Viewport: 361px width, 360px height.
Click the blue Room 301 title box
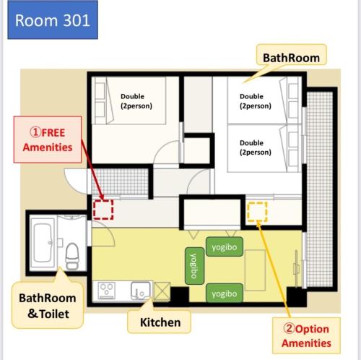coord(53,20)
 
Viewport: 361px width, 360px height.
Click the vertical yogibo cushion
coord(194,266)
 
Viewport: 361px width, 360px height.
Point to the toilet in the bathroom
coord(72,255)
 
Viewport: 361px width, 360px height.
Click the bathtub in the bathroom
coord(43,243)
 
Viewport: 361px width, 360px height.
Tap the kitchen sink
coord(141,291)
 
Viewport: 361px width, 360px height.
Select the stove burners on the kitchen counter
coord(107,291)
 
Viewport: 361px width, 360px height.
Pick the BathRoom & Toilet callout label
coord(48,305)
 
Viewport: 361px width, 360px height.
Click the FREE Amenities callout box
coord(48,140)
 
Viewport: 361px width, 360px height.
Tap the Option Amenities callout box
coord(306,335)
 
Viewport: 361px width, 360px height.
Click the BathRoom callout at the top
coord(291,55)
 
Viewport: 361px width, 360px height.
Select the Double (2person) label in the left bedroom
coord(136,101)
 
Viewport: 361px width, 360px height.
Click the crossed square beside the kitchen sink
coord(162,291)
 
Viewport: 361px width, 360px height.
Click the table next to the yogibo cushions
coord(255,270)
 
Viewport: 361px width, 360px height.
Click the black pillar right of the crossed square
coord(180,295)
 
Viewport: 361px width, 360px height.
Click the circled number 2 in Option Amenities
coord(289,328)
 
